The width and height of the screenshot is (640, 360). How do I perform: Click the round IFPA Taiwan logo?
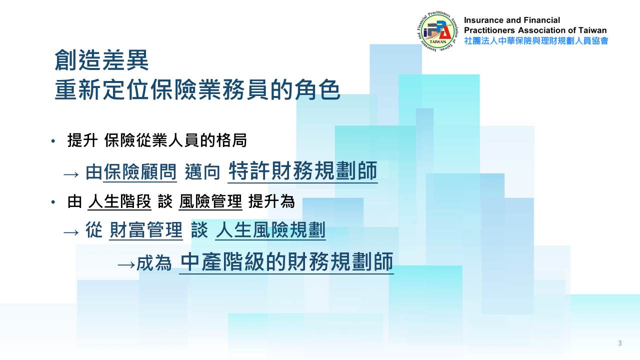(x=437, y=32)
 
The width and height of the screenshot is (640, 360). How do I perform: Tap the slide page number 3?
(x=619, y=343)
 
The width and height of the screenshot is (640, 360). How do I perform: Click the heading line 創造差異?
(x=101, y=60)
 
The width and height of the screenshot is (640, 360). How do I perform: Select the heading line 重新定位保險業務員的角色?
(x=197, y=89)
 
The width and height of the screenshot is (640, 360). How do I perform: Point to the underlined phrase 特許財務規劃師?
(x=303, y=171)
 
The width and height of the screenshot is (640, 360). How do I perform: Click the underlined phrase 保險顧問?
(x=140, y=172)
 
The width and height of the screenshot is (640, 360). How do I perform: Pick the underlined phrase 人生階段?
(x=119, y=201)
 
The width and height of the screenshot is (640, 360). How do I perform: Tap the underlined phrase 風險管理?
(x=210, y=201)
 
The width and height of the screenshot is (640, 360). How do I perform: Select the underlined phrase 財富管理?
(x=146, y=230)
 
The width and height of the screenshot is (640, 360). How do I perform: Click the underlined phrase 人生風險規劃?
(x=270, y=230)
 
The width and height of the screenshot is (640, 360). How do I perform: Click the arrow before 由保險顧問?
(x=71, y=174)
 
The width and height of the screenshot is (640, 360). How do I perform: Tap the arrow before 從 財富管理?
(x=71, y=232)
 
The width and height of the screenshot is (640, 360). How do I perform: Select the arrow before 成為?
(x=126, y=265)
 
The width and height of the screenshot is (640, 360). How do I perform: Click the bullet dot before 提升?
(x=53, y=141)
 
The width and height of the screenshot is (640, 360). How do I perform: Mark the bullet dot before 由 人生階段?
(x=53, y=202)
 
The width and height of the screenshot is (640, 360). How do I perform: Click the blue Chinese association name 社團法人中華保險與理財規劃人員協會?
(x=536, y=41)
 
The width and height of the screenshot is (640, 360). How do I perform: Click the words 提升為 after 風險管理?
(x=271, y=201)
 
